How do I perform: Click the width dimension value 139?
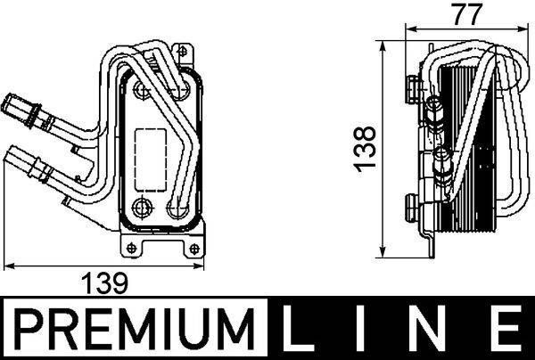[x=106, y=283]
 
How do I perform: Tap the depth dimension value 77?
[x=461, y=13]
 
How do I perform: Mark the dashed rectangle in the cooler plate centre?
[x=151, y=147]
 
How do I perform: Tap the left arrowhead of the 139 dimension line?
[x=9, y=265]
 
